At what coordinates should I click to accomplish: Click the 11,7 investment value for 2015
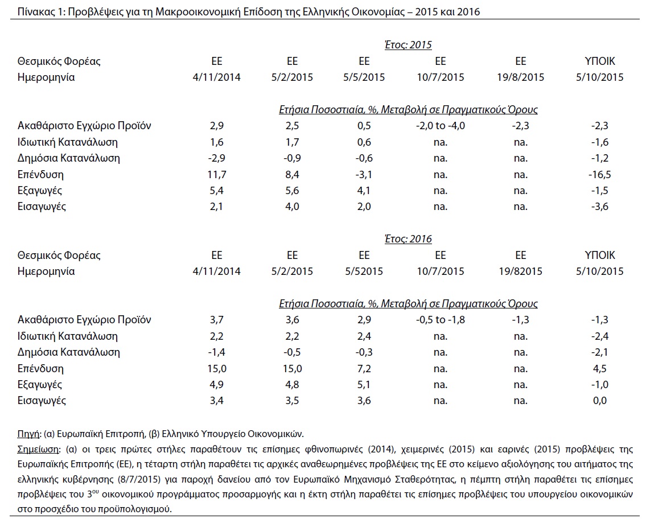[217, 175]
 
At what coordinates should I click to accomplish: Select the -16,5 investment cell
[599, 175]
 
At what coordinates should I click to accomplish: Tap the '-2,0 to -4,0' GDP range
[441, 126]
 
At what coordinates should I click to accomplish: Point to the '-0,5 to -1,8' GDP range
[441, 320]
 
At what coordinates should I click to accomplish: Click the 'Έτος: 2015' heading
[408, 45]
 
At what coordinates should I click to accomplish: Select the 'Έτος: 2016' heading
[408, 239]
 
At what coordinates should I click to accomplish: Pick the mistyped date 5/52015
[364, 271]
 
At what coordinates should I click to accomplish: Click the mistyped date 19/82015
[520, 271]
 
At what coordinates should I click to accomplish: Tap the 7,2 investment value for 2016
[364, 369]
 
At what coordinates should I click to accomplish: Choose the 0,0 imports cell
[599, 401]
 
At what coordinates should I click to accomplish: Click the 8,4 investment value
[292, 175]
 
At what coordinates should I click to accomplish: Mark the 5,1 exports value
[364, 385]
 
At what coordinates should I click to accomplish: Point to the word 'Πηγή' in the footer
[29, 434]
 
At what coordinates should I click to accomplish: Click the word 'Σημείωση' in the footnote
[38, 449]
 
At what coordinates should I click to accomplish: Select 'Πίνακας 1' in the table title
[41, 12]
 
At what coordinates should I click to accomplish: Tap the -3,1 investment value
[364, 175]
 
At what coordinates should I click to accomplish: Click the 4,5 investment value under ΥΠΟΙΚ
[599, 369]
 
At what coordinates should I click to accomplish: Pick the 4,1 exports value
[364, 191]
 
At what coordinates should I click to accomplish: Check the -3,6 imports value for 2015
[599, 207]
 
